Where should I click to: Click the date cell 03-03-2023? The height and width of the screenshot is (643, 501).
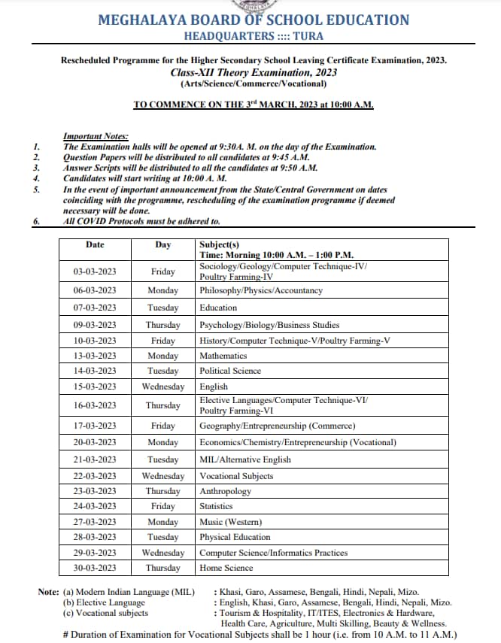coord(95,271)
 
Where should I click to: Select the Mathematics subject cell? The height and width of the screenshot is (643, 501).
coord(223,355)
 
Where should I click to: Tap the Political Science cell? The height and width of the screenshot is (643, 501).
coord(230,371)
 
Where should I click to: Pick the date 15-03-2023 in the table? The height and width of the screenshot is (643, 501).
coord(95,387)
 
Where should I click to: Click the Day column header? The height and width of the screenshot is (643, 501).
coord(163,244)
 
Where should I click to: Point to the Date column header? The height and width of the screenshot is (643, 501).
coord(95,244)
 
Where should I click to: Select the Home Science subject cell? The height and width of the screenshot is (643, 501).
coord(226,568)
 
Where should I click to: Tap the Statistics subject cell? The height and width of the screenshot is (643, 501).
coord(216,507)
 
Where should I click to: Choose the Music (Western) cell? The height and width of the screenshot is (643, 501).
coord(230,522)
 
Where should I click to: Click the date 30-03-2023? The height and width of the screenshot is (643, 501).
coord(95,568)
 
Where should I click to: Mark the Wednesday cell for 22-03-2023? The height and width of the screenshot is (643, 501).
coord(163,476)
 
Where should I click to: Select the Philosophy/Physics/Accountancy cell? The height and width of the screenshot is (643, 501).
coord(261,290)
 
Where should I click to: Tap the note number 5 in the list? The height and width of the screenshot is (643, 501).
coord(36,190)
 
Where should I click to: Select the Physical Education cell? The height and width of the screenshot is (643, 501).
coord(235,537)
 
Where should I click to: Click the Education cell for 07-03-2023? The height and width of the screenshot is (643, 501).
coord(218,308)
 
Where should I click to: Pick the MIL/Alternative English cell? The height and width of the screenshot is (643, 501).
coord(244,460)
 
